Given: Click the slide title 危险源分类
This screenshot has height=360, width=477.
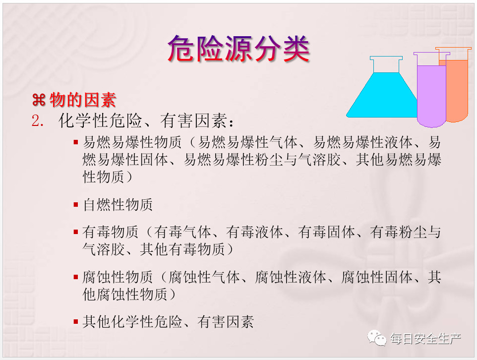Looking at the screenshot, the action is tap(238, 49).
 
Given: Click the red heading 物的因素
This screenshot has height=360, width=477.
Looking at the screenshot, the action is tap(83, 100).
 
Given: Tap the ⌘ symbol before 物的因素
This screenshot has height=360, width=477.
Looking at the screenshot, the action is tap(39, 100).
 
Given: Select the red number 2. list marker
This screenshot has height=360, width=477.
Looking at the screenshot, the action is tap(38, 121).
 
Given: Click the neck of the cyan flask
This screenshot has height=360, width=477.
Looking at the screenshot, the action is tap(386, 64).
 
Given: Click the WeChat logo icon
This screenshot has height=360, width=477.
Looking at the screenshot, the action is tap(377, 338).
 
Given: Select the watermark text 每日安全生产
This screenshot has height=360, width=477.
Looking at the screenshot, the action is tap(425, 339).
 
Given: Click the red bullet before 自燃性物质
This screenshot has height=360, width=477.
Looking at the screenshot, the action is tap(76, 204).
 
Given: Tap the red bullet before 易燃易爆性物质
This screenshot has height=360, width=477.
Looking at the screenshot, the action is tap(76, 142).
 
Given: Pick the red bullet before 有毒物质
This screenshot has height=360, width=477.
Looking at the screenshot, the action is tap(76, 232).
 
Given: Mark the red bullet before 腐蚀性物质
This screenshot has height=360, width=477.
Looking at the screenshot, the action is tap(76, 277).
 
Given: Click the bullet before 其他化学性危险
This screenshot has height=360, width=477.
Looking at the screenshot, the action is tap(76, 322).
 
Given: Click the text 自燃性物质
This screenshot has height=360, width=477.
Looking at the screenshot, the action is tap(118, 204).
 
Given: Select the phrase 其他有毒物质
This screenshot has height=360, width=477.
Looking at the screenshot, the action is tap(182, 249).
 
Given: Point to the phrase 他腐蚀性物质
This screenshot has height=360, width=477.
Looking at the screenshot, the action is tap(125, 294).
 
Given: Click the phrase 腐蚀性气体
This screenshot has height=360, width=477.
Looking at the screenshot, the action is tap(204, 277).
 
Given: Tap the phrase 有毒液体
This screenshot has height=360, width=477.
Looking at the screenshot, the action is tap(254, 232).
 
